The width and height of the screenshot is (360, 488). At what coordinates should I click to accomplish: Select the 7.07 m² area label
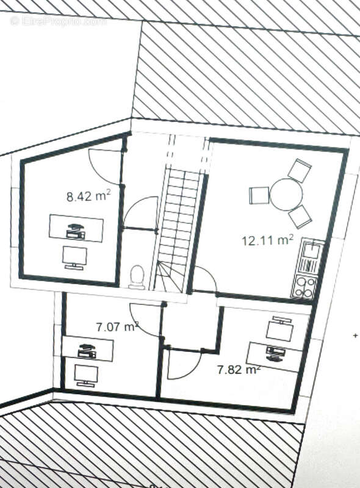tap(117, 327)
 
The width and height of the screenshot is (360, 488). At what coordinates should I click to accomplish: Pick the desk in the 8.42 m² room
tap(76, 228)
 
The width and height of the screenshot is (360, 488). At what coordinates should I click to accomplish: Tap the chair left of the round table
tap(259, 196)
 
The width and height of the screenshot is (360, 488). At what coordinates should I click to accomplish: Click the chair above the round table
tap(300, 170)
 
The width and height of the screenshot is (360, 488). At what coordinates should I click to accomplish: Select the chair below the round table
tap(300, 216)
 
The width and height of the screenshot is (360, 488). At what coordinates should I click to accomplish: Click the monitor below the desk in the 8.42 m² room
tap(75, 257)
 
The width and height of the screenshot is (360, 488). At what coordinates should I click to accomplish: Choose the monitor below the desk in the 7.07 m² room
tap(85, 375)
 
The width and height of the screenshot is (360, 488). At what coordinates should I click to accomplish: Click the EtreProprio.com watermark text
tap(59, 21)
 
